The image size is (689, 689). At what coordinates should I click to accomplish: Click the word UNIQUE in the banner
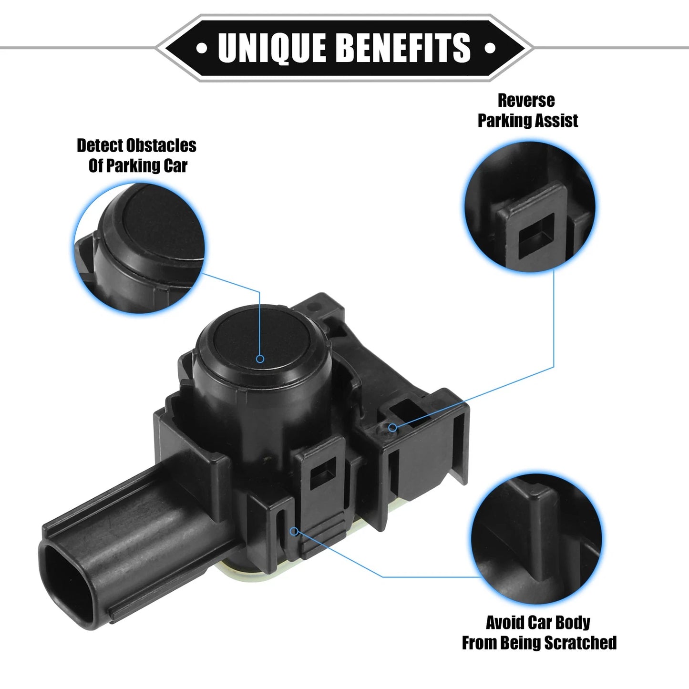click(271, 48)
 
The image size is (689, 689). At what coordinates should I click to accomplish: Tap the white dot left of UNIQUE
click(202, 48)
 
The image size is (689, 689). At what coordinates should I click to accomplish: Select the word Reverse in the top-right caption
click(526, 101)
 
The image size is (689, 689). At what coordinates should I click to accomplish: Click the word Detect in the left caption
click(100, 145)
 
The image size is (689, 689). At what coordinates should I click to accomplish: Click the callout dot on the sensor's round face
click(260, 359)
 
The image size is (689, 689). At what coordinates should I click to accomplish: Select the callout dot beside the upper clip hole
click(392, 427)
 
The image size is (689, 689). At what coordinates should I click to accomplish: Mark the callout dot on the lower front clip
click(295, 531)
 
